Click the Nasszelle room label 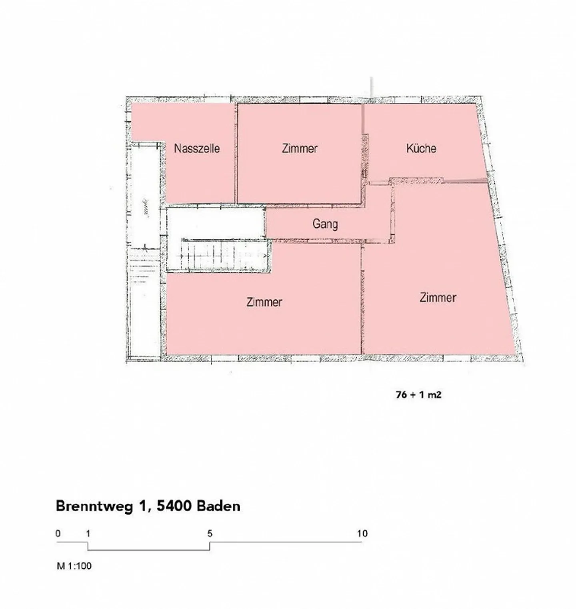click(197, 148)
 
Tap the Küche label click(421, 148)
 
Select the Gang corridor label click(325, 224)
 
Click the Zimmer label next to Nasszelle click(300, 148)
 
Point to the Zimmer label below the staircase click(264, 302)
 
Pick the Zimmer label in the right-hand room click(438, 297)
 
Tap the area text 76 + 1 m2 click(418, 395)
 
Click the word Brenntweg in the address click(94, 506)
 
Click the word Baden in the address click(219, 506)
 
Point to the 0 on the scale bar click(58, 533)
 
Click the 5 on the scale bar click(210, 533)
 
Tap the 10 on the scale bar click(362, 533)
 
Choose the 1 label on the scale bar click(88, 533)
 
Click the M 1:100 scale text click(74, 566)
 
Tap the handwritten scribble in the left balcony click(146, 208)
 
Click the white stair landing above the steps click(215, 223)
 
